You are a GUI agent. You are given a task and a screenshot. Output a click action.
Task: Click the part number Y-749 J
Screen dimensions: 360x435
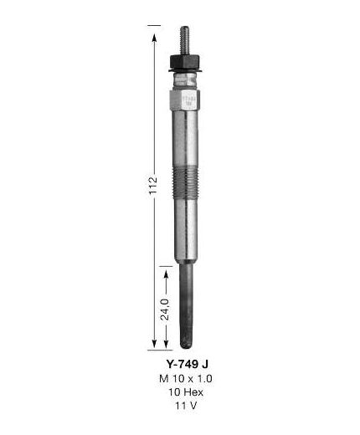coord(187,364)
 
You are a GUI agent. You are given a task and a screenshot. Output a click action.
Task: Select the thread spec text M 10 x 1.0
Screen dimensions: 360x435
coord(186,379)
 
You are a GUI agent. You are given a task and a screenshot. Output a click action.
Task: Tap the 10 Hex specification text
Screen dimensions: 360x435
coord(186,392)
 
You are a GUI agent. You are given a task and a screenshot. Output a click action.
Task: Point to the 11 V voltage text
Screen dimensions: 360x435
coord(186,406)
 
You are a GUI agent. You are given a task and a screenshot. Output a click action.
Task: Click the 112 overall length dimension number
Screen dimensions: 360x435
coord(153,186)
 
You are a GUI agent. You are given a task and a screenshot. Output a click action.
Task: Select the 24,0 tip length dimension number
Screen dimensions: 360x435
coord(165,309)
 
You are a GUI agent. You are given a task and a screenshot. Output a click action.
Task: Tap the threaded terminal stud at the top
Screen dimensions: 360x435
coord(185,41)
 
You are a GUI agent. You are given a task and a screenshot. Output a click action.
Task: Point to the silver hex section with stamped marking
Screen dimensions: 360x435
coord(185,100)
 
